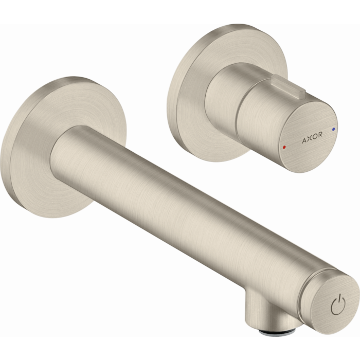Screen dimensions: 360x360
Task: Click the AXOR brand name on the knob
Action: pos(312,136)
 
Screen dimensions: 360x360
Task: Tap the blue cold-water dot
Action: pos(335,125)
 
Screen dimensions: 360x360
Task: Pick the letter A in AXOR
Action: pos(303,139)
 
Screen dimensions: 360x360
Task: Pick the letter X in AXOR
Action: pos(309,137)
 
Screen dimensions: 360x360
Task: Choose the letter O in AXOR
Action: pos(315,135)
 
